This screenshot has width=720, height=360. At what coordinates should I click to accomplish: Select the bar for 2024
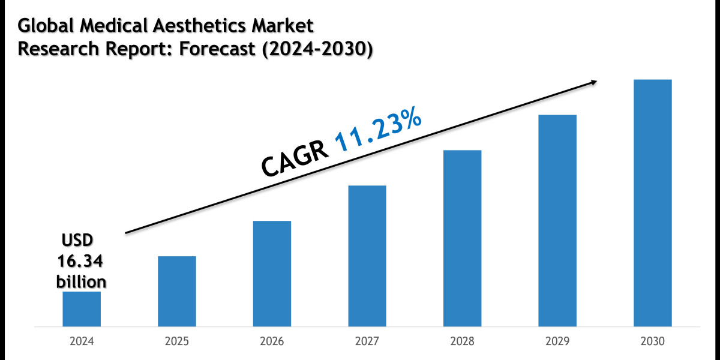[82, 308]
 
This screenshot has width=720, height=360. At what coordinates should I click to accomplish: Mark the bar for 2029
[557, 220]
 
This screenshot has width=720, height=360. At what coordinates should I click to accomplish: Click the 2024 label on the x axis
[82, 341]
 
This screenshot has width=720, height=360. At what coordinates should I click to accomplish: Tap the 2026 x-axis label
[272, 341]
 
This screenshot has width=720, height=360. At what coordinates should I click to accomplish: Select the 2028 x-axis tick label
[462, 341]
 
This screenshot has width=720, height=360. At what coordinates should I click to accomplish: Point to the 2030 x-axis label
[652, 341]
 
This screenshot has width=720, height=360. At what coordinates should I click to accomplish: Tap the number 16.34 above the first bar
[81, 261]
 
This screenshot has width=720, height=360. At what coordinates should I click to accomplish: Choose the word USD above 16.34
[78, 241]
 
